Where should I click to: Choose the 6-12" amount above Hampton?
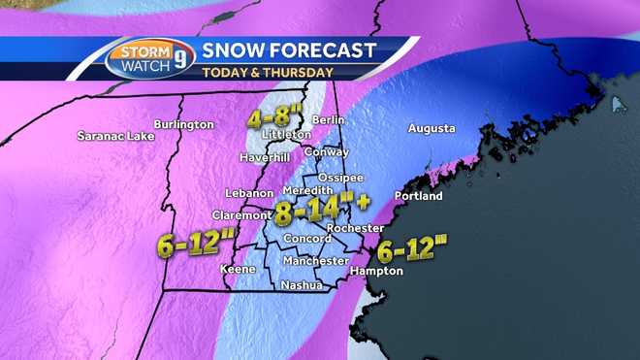point(412,249)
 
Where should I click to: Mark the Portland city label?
point(419,196)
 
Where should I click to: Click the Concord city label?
point(306,239)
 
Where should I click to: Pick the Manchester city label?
point(315,261)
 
